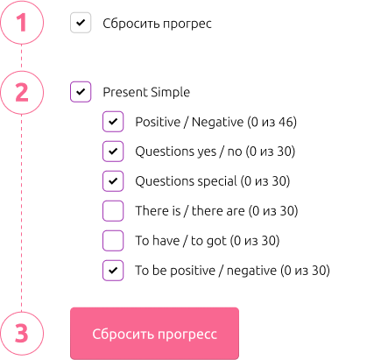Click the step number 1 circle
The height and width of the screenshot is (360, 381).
point(22,23)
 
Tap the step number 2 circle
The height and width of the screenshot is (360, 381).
point(22,92)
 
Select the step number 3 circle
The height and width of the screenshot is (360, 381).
point(22,334)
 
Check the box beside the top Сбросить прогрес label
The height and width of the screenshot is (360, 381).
point(81,23)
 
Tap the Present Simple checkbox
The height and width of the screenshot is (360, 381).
point(81,92)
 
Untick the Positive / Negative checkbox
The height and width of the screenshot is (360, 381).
point(113,122)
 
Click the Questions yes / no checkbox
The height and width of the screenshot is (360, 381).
point(113,152)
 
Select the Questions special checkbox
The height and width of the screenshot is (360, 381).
point(113,181)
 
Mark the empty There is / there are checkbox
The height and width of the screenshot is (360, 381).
point(113,210)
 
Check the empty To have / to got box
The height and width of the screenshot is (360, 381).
point(113,241)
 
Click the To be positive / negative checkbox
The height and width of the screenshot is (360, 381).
point(113,270)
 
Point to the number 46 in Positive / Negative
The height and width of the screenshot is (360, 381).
point(285,122)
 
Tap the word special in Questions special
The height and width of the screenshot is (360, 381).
point(217,181)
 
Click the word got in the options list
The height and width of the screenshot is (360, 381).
point(215,241)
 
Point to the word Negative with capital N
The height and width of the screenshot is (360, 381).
point(217,122)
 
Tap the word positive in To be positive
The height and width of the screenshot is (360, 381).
point(193,271)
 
